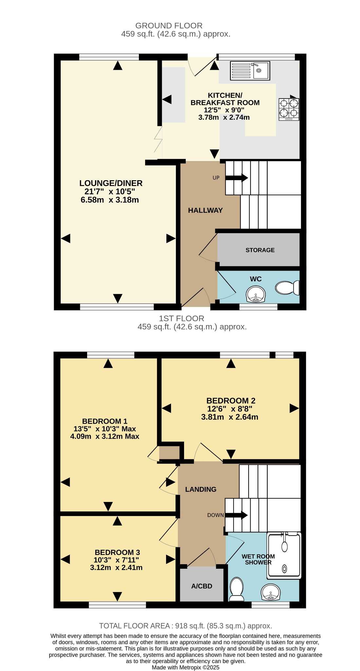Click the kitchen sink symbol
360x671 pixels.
point(250,71)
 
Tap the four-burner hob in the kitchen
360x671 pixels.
point(289,109)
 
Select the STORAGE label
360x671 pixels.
point(260,250)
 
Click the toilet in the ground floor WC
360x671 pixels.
point(287,288)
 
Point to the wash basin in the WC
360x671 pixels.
point(256,294)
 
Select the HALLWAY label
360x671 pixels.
point(205,210)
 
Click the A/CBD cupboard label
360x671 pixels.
point(202,586)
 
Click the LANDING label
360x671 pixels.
point(201,489)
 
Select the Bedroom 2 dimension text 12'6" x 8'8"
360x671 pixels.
point(230,409)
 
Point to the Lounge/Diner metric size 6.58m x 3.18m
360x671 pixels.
point(110,200)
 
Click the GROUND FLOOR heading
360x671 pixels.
point(169,26)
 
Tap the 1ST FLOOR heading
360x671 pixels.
point(181,318)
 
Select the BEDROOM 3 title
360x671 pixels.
point(117,553)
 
